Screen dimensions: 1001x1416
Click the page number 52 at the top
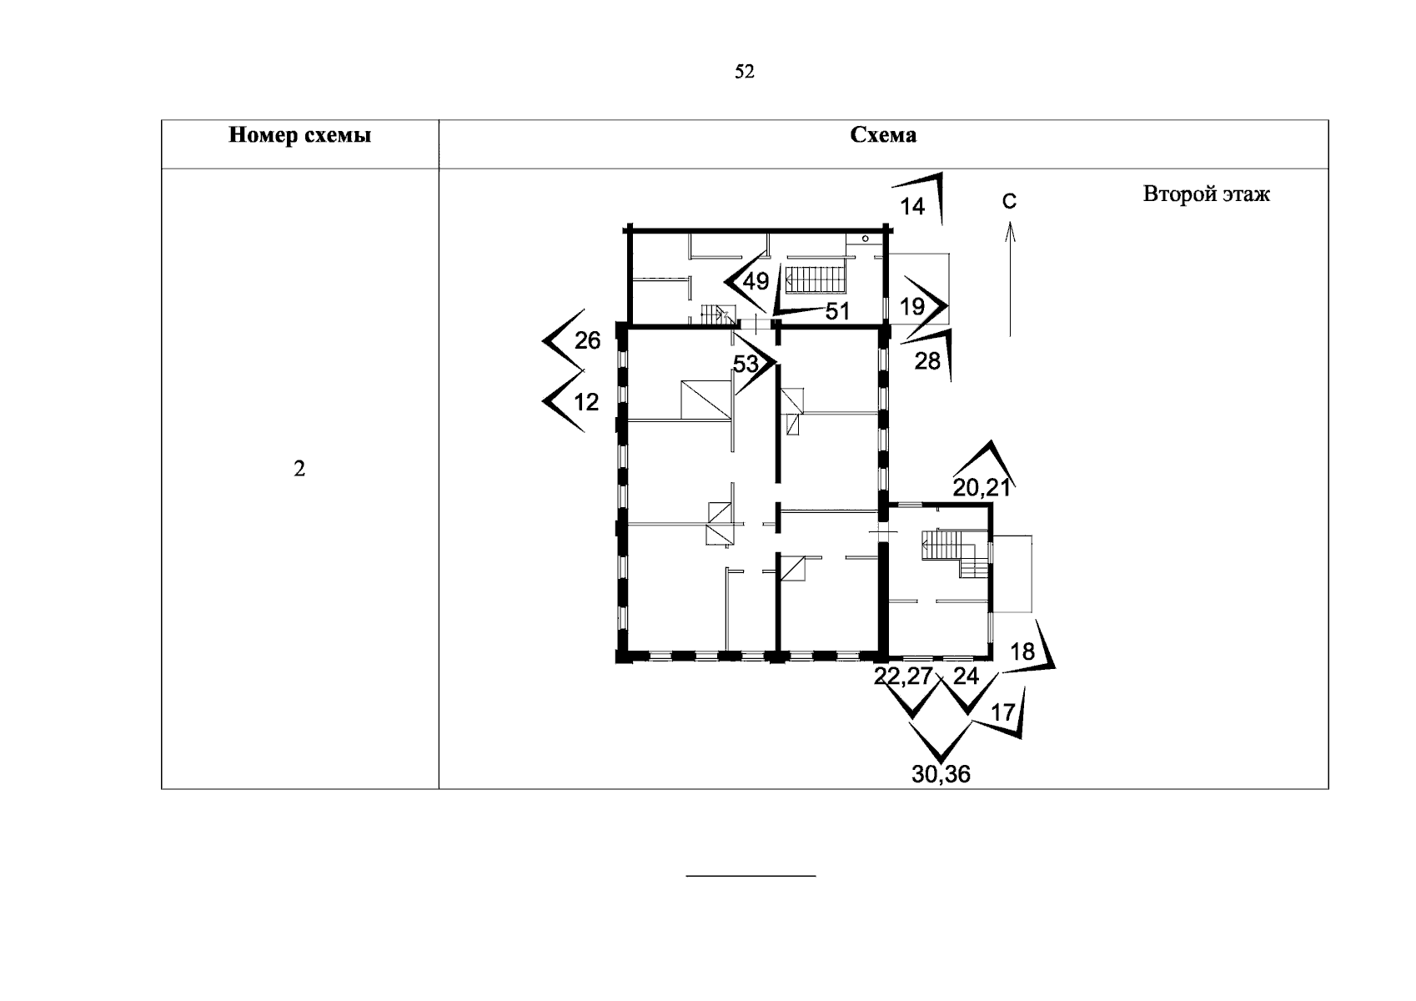[x=744, y=73]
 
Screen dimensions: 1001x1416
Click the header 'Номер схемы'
[x=299, y=135]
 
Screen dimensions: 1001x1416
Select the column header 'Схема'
[x=882, y=135]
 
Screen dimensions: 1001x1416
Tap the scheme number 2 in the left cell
[x=299, y=470]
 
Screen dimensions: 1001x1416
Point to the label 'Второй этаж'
[x=1206, y=195]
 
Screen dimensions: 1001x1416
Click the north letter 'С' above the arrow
[x=1009, y=201]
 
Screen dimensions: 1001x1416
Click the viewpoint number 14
[x=913, y=206]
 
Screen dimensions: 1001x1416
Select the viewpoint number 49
[x=756, y=281]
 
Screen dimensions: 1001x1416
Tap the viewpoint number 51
[x=836, y=311]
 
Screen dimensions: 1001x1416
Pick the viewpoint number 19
[x=912, y=306]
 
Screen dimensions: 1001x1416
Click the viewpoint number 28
[x=927, y=361]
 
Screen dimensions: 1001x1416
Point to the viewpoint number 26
[x=587, y=340]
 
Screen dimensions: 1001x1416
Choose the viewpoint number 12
[x=586, y=402]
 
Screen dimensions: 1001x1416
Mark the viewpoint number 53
[x=746, y=364]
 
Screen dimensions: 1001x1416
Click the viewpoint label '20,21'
[x=982, y=488]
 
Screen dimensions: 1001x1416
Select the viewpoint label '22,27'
[x=902, y=677]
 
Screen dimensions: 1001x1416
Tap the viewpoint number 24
[x=966, y=677]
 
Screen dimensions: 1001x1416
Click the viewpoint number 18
[x=1022, y=652]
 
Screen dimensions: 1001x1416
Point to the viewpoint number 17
[x=1002, y=712]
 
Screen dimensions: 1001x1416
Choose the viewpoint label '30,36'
[x=941, y=774]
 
